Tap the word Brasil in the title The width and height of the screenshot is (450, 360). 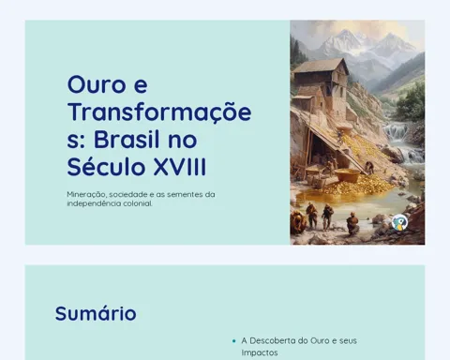[x=127, y=140]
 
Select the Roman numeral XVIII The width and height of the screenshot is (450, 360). [x=180, y=167]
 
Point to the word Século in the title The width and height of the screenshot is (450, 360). [x=106, y=166]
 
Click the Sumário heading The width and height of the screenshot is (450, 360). [x=96, y=313]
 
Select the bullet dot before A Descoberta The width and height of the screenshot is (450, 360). [x=233, y=341]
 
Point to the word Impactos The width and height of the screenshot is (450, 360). [x=260, y=352]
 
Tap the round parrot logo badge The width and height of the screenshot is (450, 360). [x=400, y=222]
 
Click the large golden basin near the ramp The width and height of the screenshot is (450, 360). [x=347, y=175]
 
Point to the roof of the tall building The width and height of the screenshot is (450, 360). [x=321, y=66]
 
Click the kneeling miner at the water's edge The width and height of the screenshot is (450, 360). [x=352, y=223]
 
